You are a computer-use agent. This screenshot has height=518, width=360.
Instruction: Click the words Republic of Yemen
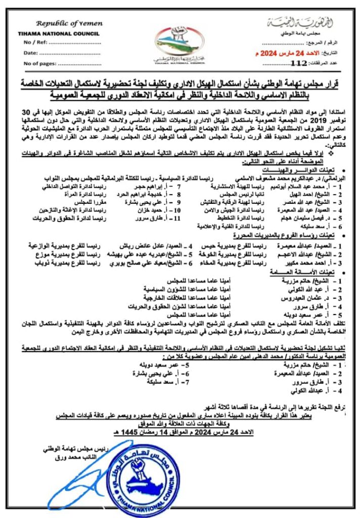click(x=69, y=23)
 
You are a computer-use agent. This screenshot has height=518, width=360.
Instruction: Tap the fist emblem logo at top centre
click(x=180, y=39)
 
